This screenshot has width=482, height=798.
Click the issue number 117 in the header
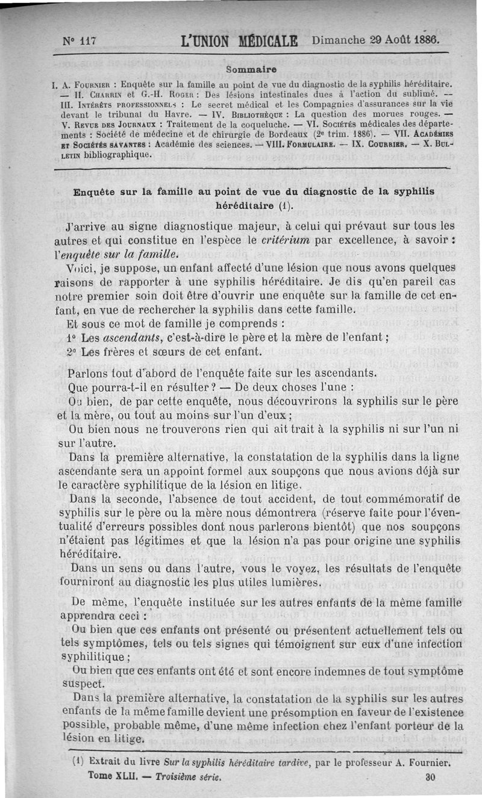(x=88, y=41)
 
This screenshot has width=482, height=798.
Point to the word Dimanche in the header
(x=339, y=40)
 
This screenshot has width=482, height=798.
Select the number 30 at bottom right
(x=430, y=777)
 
